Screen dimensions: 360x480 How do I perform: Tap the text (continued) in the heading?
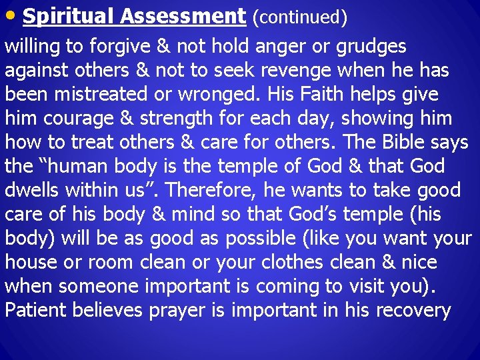(x=299, y=18)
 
